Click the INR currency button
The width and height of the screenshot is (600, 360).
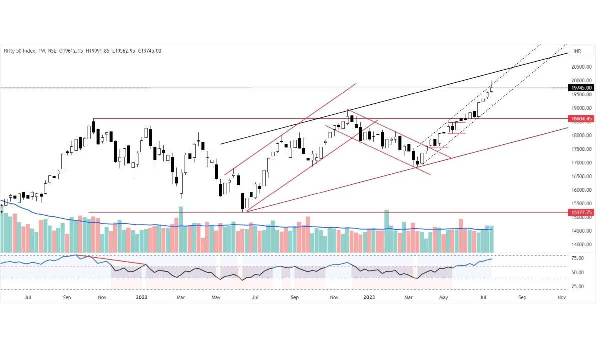click(x=578, y=51)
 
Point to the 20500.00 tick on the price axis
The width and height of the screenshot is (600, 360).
click(x=582, y=67)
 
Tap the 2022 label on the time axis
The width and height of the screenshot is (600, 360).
click(x=142, y=297)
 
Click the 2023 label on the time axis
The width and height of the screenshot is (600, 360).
click(x=369, y=297)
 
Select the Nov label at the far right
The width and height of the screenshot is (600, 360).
click(x=561, y=297)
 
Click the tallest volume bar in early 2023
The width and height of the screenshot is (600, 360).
click(x=386, y=231)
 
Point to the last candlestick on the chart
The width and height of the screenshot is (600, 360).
click(x=492, y=88)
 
